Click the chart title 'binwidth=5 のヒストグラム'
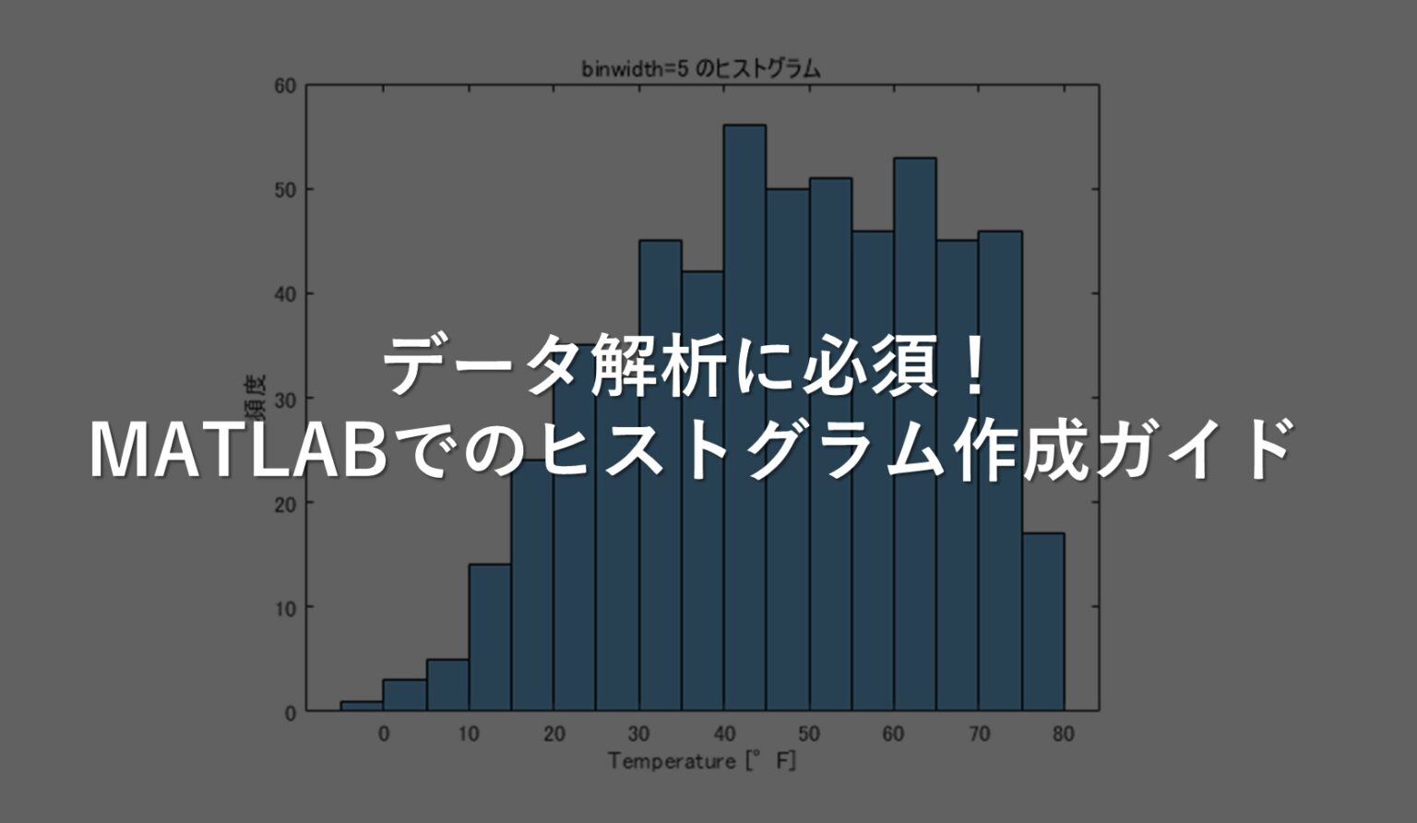tap(700, 69)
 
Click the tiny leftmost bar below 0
tap(362, 706)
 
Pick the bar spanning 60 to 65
tap(914, 277)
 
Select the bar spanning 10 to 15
tap(489, 637)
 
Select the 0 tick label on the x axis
tap(384, 734)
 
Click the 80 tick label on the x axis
tap(1063, 734)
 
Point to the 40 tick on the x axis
tap(723, 734)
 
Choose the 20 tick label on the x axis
tap(554, 734)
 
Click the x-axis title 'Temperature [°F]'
tap(701, 762)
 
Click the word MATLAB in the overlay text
tap(237, 450)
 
